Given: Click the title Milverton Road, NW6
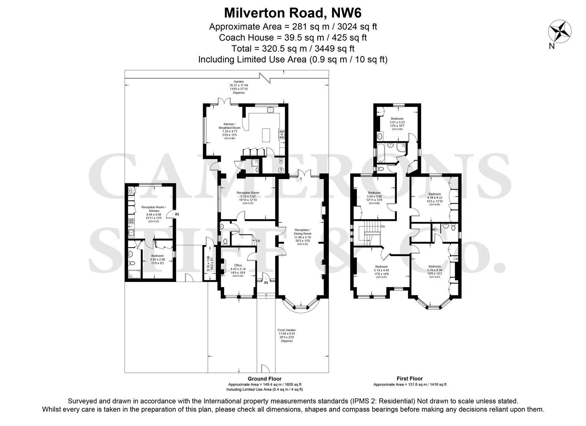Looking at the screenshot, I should [x=293, y=13].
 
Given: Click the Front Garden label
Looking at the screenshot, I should [x=286, y=335].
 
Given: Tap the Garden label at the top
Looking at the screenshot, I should [x=238, y=87].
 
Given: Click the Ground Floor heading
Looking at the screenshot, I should [x=264, y=379].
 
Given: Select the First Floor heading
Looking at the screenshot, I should [x=409, y=379].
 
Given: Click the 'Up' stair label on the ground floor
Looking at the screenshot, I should [x=258, y=241].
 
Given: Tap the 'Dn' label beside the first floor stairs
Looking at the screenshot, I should [x=383, y=227].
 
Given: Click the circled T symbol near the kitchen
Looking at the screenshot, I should [x=281, y=170].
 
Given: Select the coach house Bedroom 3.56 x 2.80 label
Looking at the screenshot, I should [x=157, y=258].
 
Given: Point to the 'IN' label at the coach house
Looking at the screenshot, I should [x=177, y=214].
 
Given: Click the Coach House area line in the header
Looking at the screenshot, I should [x=293, y=37].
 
